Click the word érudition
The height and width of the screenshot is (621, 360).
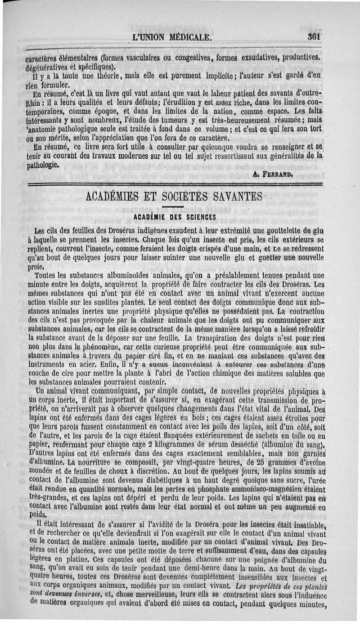point(166,102)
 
